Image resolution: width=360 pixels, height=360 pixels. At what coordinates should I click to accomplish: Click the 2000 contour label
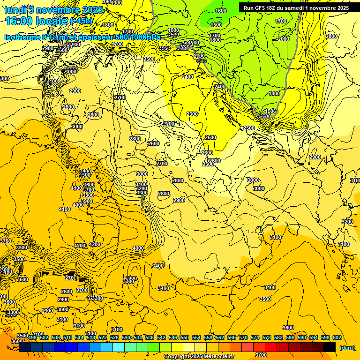tap(284, 39)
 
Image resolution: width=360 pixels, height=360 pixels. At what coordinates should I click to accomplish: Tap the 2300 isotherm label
tap(192, 114)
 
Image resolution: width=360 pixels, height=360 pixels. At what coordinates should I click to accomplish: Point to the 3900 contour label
tap(87, 201)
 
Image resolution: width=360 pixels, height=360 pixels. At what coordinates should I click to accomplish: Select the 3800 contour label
tap(88, 195)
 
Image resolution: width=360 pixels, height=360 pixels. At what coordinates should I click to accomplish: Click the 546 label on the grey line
tap(202, 61)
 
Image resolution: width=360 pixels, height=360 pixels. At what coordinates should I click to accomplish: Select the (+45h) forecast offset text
tap(81, 21)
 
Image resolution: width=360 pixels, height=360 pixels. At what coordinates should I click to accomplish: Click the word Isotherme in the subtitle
tap(22, 37)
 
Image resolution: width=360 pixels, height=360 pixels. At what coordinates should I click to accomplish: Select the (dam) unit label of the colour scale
tap(346, 348)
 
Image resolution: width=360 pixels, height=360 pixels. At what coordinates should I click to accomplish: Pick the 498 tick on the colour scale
tap(32, 337)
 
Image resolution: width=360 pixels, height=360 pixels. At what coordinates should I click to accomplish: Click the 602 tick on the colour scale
tap(337, 337)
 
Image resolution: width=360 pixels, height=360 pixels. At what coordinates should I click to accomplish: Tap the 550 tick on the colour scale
tap(185, 337)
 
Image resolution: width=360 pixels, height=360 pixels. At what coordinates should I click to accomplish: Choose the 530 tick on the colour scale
tap(126, 337)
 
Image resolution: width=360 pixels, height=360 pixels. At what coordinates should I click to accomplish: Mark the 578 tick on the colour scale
tap(267, 337)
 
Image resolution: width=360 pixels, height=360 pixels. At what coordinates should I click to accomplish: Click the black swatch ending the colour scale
tap(330, 347)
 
